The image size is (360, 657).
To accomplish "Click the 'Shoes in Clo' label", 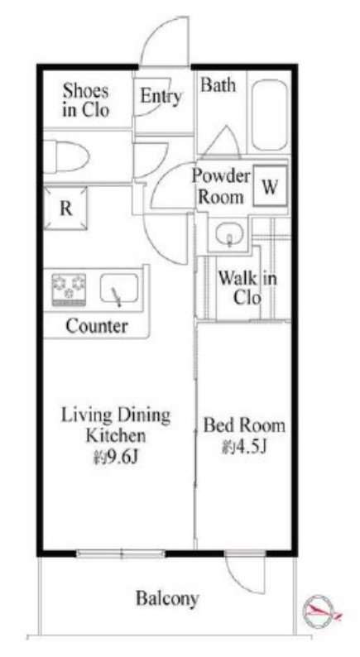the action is (x=86, y=101).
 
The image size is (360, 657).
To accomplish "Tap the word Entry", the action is (x=161, y=96).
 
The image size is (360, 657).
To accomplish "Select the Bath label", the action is (x=218, y=85).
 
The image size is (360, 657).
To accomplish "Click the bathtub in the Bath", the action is (x=270, y=115).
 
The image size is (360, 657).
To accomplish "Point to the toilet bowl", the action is (x=66, y=156).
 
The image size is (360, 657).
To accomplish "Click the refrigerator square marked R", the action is (x=66, y=209).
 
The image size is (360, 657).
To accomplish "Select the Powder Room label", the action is (x=221, y=186).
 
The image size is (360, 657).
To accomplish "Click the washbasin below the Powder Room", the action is (x=230, y=235).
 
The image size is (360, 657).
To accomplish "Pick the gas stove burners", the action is (x=69, y=290).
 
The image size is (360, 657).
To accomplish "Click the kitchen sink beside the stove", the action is (x=119, y=288).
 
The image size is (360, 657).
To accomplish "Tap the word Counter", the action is (x=97, y=326).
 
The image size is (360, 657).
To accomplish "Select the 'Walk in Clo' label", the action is (x=247, y=287).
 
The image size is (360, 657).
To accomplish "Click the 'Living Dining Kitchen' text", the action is (x=116, y=425).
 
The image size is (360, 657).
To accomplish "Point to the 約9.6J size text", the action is (x=116, y=458).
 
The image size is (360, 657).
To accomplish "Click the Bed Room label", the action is (x=244, y=425).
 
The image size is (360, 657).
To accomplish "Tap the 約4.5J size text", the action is (x=245, y=448).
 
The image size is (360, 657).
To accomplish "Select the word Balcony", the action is (x=167, y=599).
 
